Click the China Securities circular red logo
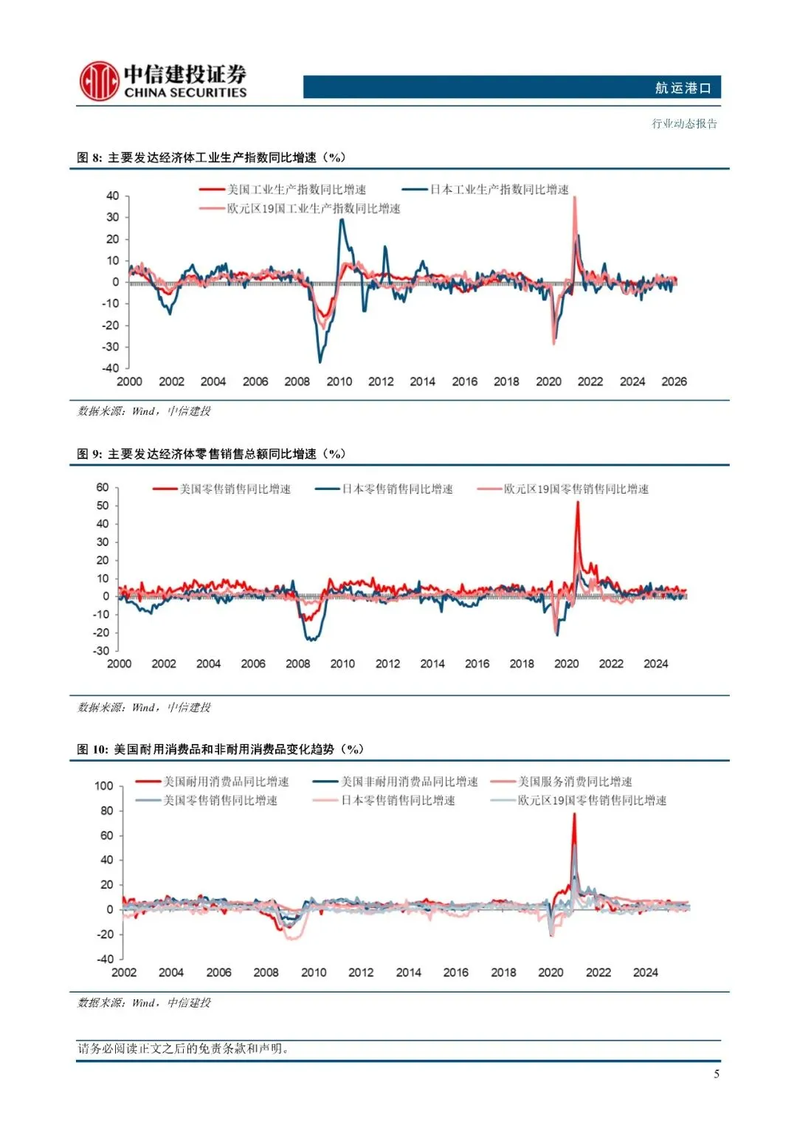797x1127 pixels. pos(99,81)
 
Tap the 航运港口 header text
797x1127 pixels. pos(683,88)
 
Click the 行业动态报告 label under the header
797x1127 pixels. pos(684,123)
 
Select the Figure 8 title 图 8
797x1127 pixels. pos(89,157)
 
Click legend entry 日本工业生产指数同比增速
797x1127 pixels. pos(499,190)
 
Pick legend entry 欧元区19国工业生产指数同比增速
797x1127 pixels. pos(313,209)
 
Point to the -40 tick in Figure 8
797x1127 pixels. pos(111,368)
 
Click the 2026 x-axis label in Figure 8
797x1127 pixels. pos(674,382)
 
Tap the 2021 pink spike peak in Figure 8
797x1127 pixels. pos(575,198)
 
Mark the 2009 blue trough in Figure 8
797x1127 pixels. pos(320,361)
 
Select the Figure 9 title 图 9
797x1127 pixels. pos(89,454)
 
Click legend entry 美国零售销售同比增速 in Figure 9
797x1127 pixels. pos(235,489)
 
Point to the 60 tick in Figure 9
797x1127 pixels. pos(103,487)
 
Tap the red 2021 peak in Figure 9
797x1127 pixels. pos(577,503)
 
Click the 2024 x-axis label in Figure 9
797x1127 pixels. pos(655,664)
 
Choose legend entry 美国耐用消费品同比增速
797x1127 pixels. pos(226,782)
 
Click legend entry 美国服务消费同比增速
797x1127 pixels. pos(574,782)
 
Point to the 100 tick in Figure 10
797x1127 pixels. pos(104,786)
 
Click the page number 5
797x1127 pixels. pos(716,1074)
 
